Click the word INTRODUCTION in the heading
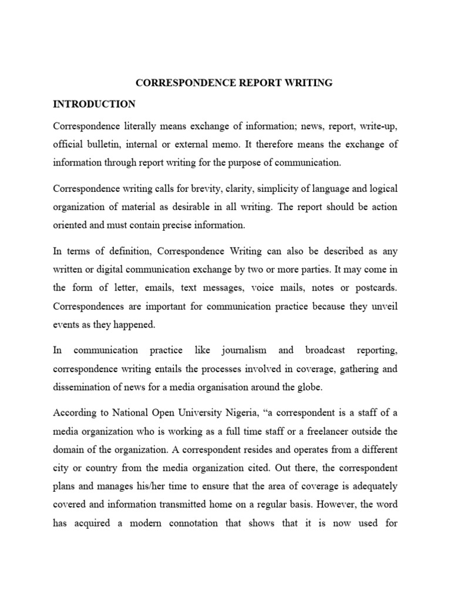(x=94, y=104)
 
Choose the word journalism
(x=244, y=350)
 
